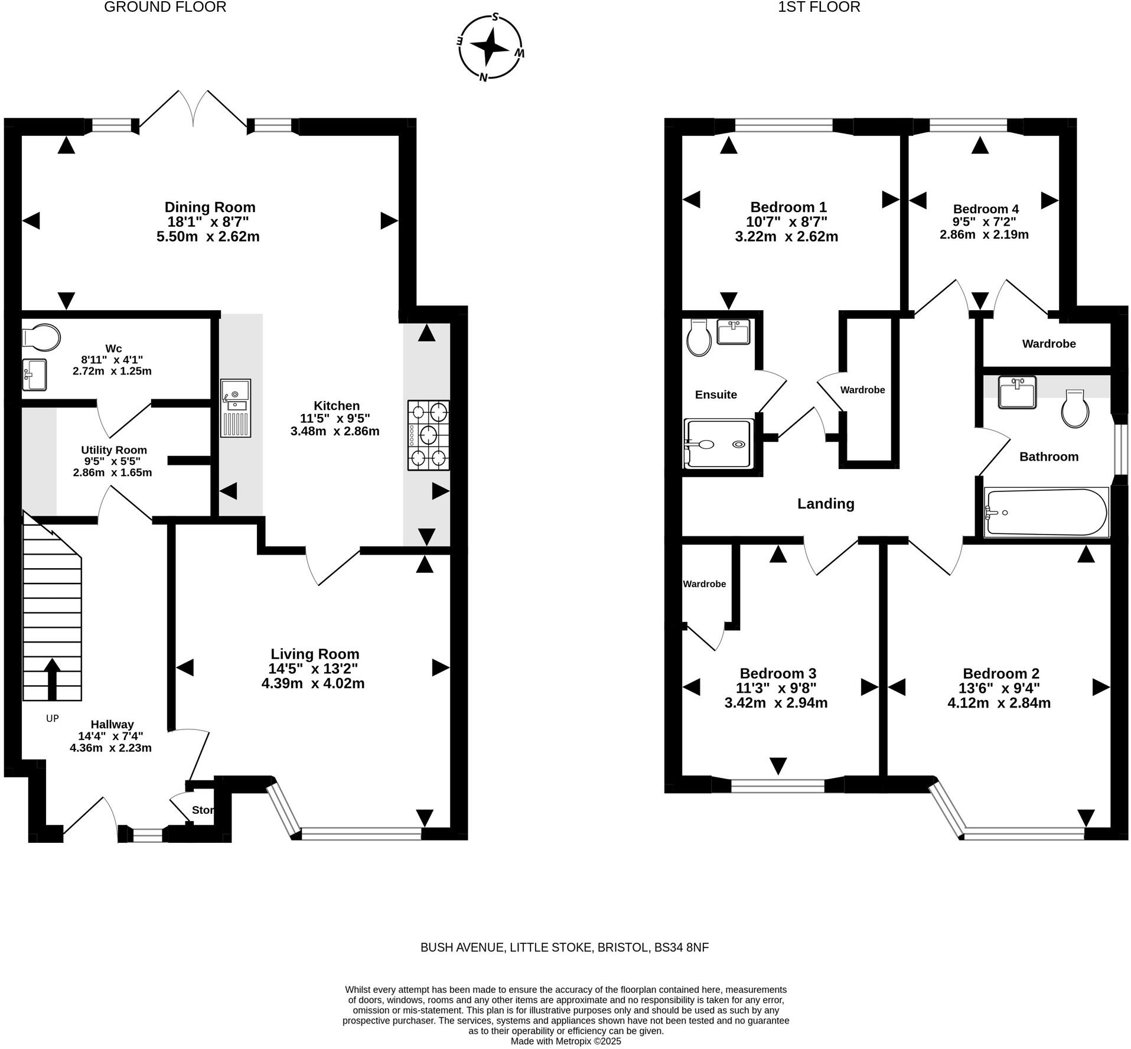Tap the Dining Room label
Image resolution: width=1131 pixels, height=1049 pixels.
(210, 207)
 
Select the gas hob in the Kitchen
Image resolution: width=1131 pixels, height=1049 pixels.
(428, 435)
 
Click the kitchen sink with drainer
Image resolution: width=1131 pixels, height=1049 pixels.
(235, 408)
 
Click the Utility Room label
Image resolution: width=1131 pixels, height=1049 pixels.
(114, 450)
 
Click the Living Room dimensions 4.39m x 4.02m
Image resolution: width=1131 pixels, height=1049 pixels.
(312, 684)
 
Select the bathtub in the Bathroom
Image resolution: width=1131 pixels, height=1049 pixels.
(1045, 512)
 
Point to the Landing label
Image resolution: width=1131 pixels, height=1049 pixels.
(825, 504)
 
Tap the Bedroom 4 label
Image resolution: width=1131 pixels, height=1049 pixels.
(985, 209)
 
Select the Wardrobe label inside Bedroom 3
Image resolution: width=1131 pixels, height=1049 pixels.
(704, 584)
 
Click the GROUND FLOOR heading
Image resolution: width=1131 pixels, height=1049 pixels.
(165, 7)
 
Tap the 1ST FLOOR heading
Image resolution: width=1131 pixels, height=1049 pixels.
(819, 7)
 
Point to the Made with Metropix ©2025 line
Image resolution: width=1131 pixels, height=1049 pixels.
(565, 1041)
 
